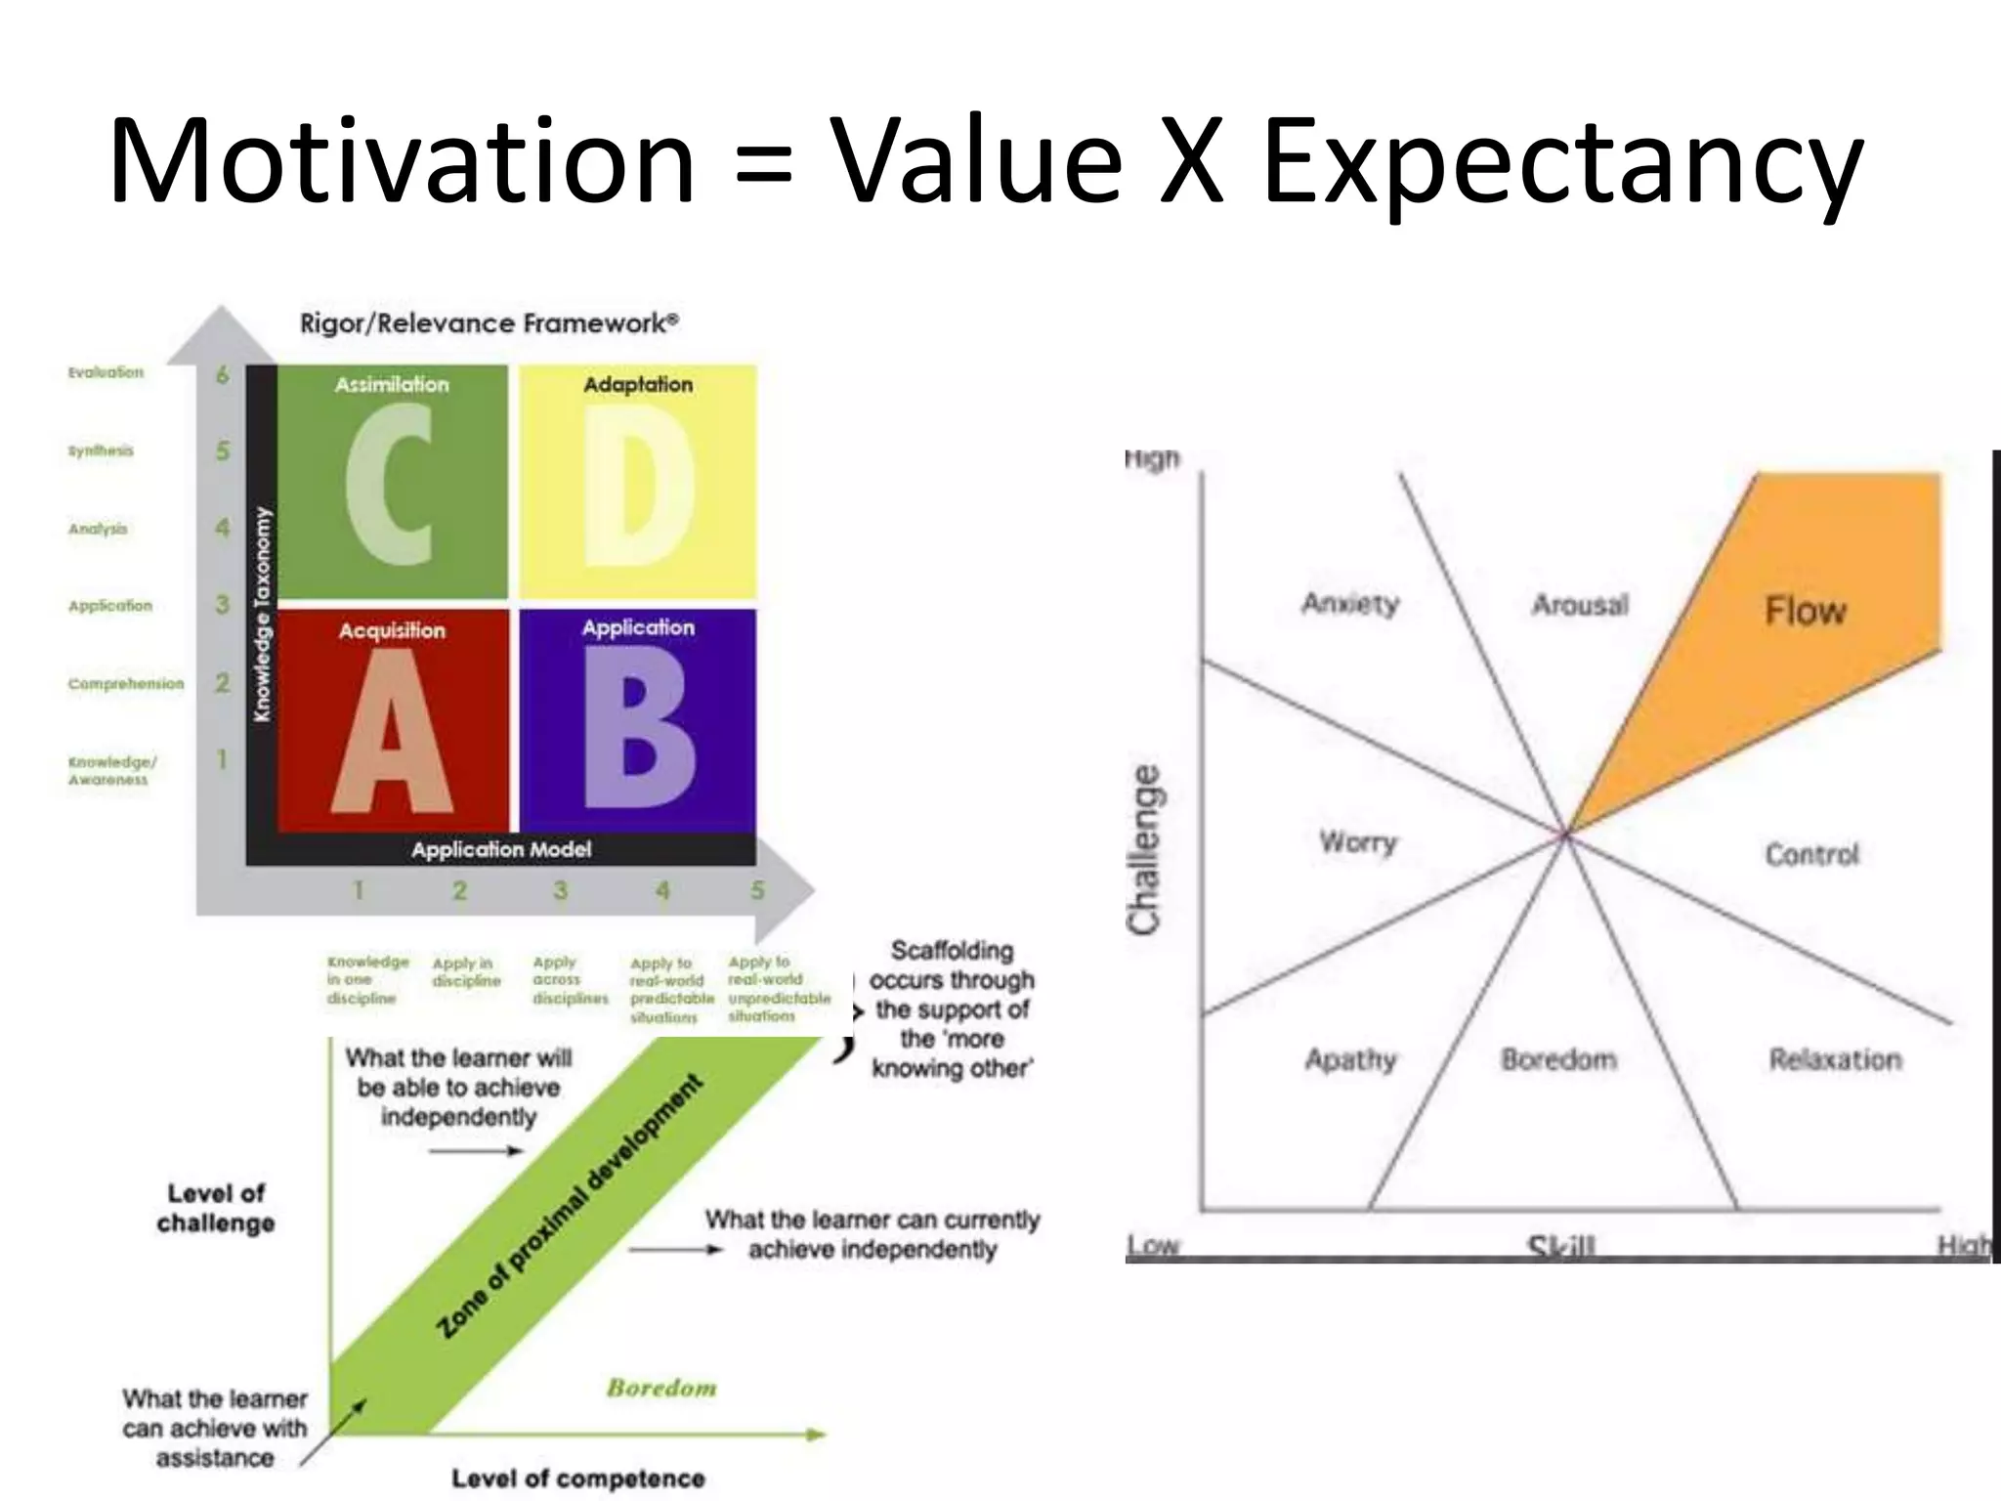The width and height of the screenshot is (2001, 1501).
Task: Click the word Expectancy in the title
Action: tap(1561, 162)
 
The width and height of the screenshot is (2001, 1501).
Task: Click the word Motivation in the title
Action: tap(402, 162)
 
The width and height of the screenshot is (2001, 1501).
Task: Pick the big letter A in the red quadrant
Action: tap(392, 731)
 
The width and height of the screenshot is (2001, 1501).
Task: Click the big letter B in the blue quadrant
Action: tap(639, 728)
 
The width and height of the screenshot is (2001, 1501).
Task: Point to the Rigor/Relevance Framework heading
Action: tap(489, 323)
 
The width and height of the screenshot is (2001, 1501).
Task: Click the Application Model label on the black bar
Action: tap(500, 849)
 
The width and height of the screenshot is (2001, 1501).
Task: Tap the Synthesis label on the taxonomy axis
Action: tap(100, 450)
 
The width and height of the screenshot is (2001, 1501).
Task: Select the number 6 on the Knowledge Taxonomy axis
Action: tap(223, 374)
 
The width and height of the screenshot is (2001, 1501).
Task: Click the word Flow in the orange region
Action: tap(1805, 611)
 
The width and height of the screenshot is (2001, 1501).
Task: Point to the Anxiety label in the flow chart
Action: tap(1349, 603)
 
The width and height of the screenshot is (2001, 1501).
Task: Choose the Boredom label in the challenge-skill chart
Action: tap(1558, 1059)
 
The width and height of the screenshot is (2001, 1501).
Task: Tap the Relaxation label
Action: tap(1835, 1059)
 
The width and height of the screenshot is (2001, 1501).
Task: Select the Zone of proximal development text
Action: tap(570, 1207)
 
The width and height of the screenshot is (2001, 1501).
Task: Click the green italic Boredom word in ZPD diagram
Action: tap(661, 1388)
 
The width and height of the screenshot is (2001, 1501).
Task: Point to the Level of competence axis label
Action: tap(577, 1479)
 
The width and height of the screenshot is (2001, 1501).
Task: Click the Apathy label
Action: tap(1350, 1059)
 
